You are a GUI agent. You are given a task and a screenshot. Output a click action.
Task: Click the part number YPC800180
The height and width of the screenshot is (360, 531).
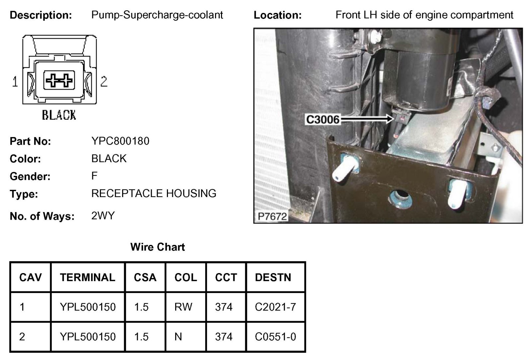click(x=120, y=141)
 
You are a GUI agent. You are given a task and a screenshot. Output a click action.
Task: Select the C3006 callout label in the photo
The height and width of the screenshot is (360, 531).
click(x=323, y=119)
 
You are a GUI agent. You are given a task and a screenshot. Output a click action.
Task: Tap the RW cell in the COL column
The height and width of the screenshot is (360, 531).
click(x=183, y=307)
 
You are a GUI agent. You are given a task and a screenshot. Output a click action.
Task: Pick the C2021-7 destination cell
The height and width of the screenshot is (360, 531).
click(x=275, y=307)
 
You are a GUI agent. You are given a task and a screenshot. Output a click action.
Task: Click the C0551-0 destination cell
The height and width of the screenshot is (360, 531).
click(x=275, y=337)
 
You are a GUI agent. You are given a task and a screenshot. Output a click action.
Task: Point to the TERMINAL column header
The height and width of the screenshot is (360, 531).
click(x=88, y=277)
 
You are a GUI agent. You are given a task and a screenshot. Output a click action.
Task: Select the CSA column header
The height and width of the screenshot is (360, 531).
click(x=145, y=277)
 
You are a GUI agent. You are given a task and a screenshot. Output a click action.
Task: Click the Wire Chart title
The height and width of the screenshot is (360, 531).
click(x=157, y=247)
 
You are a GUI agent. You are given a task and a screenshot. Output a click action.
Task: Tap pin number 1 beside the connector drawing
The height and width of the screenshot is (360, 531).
click(x=15, y=81)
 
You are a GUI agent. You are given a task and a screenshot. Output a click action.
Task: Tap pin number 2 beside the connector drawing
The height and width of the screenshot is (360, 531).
click(x=104, y=81)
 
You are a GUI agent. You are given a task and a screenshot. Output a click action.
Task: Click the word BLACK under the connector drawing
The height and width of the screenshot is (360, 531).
click(x=59, y=115)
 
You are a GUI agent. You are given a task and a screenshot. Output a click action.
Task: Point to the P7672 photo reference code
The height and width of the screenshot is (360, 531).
click(x=272, y=216)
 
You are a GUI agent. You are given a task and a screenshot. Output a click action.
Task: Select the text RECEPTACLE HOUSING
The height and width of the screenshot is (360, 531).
click(x=154, y=193)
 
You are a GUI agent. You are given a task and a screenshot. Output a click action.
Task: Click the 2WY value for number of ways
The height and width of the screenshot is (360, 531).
click(x=103, y=216)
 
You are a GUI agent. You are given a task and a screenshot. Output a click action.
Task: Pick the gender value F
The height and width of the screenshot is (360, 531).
click(x=94, y=176)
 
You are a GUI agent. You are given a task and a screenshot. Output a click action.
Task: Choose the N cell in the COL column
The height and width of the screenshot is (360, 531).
click(x=178, y=337)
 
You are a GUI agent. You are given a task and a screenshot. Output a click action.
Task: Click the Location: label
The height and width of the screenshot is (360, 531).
click(x=277, y=15)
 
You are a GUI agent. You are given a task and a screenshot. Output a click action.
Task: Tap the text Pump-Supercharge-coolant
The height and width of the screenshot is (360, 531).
click(x=157, y=15)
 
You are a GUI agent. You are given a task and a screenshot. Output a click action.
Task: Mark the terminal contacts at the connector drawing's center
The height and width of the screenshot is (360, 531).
click(x=59, y=80)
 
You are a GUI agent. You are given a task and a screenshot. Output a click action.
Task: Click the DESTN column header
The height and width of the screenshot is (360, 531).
click(x=273, y=277)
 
